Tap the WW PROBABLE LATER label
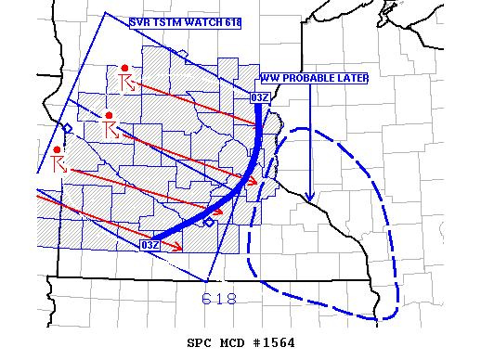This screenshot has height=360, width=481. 314,78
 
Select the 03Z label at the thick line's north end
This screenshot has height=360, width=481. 260,96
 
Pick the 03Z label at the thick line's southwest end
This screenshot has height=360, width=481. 149,244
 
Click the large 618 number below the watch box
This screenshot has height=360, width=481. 219,299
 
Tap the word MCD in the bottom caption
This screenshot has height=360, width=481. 235,342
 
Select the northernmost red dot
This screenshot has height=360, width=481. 124,68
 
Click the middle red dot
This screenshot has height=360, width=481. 110,116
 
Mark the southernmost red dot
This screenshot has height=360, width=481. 58,149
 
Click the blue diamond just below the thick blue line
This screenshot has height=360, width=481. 209,223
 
